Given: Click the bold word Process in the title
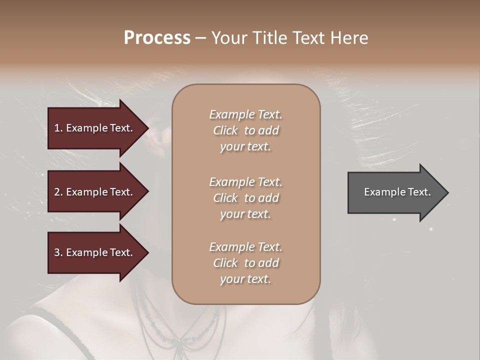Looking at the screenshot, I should click(x=157, y=38).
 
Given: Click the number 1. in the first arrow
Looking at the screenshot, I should click(x=58, y=128).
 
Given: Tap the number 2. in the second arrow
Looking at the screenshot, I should click(x=58, y=192).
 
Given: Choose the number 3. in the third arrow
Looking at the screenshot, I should click(x=58, y=252).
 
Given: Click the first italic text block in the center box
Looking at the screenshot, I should click(x=245, y=130).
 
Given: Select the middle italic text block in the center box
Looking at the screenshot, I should click(x=245, y=198).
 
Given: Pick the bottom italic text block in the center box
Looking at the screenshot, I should click(x=245, y=263).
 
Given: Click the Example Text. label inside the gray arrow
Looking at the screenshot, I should click(x=397, y=192).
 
